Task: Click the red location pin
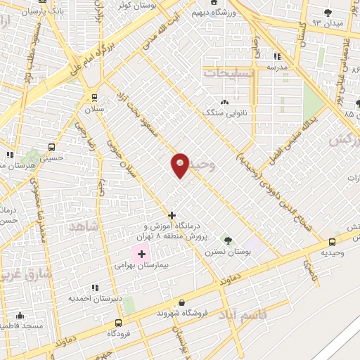point(180,165)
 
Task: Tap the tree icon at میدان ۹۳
point(328,12)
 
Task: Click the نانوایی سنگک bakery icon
point(225,101)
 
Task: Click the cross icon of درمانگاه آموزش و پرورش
point(172,215)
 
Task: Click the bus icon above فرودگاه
point(118,324)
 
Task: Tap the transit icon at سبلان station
point(94,98)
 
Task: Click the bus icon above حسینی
point(51,148)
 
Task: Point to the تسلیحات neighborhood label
point(226,72)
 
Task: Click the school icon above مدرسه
point(277,55)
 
